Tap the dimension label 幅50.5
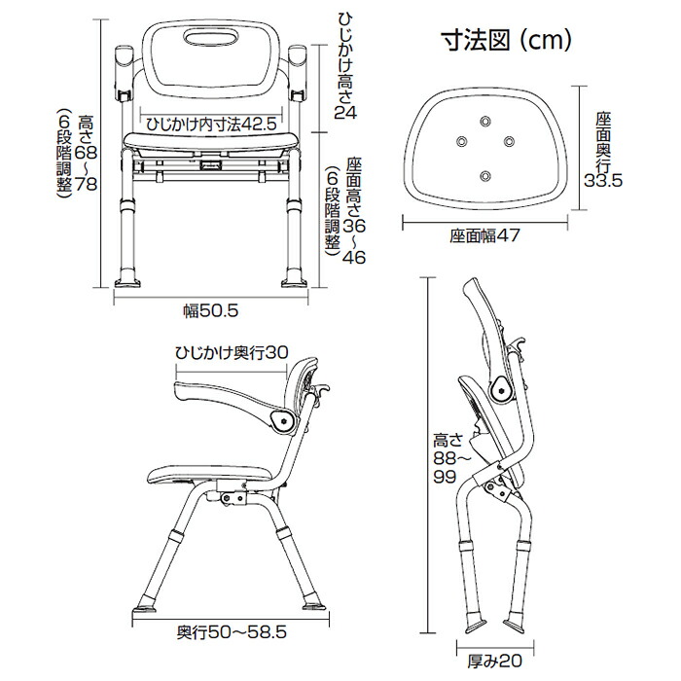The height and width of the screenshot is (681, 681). point(211,310)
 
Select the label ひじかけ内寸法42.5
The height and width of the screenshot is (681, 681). point(210,125)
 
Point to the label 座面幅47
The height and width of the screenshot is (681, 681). point(486,236)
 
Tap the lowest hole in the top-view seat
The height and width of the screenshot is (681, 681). point(486,175)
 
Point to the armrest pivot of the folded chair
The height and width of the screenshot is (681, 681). point(501,390)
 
